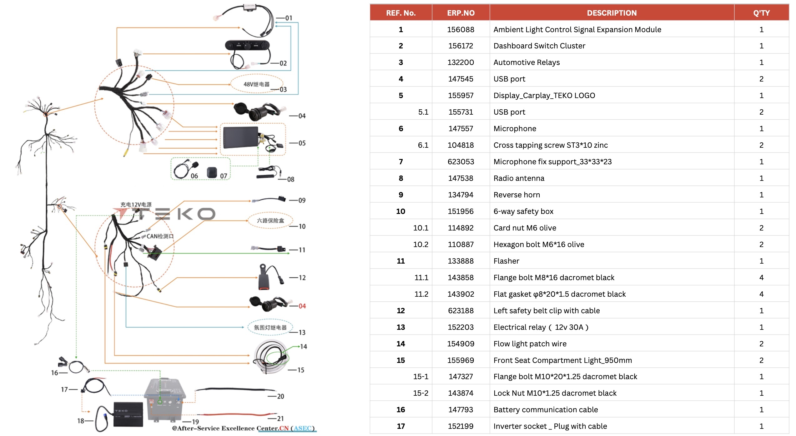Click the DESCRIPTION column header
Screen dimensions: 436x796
click(x=612, y=13)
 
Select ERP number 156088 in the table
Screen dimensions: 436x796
click(x=461, y=30)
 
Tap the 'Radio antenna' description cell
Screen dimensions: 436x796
click(x=519, y=178)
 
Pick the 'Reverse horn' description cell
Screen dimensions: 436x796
click(x=516, y=195)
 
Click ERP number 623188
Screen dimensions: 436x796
click(x=461, y=311)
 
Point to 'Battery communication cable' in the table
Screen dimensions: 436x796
click(x=546, y=410)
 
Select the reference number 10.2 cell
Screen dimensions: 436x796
click(x=421, y=245)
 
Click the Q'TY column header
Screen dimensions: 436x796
click(x=761, y=13)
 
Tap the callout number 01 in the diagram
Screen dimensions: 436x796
click(x=289, y=18)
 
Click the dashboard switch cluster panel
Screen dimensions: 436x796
click(x=247, y=46)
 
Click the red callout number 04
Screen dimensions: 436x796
click(x=302, y=306)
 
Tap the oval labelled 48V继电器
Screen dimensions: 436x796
click(x=256, y=84)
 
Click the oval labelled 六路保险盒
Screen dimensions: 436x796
click(x=270, y=220)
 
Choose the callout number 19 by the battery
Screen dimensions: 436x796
click(x=195, y=422)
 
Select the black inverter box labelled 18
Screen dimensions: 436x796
click(x=128, y=414)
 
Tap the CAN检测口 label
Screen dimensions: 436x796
click(x=160, y=236)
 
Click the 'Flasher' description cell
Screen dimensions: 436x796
click(x=506, y=261)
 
